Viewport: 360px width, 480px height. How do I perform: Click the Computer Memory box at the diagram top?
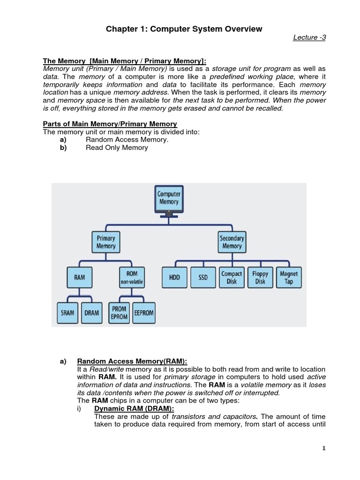pos(168,198)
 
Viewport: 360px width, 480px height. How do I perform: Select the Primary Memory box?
pos(106,242)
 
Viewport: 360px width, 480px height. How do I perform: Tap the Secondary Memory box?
pos(232,242)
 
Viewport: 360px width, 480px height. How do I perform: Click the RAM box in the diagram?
pos(79,277)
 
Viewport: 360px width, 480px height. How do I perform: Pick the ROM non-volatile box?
pos(132,277)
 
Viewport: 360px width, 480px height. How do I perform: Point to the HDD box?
pos(174,277)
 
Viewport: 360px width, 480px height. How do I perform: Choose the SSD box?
pos(203,277)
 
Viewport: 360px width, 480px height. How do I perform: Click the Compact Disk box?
pos(232,277)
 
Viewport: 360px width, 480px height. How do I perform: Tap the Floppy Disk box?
pos(260,277)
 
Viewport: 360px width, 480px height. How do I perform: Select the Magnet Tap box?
pos(289,277)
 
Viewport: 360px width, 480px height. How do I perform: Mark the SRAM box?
pos(68,313)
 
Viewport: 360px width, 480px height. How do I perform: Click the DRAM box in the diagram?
pos(92,313)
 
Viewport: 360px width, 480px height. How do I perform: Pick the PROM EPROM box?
pos(119,313)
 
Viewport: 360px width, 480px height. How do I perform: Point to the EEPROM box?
pos(144,313)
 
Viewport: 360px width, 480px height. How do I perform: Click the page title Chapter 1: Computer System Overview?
pos(183,29)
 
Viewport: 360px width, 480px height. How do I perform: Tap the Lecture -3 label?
pos(309,38)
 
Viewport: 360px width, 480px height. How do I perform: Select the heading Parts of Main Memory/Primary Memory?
pos(110,124)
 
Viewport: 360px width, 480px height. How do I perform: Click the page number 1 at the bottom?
pos(323,448)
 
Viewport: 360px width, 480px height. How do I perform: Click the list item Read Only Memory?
pos(117,148)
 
